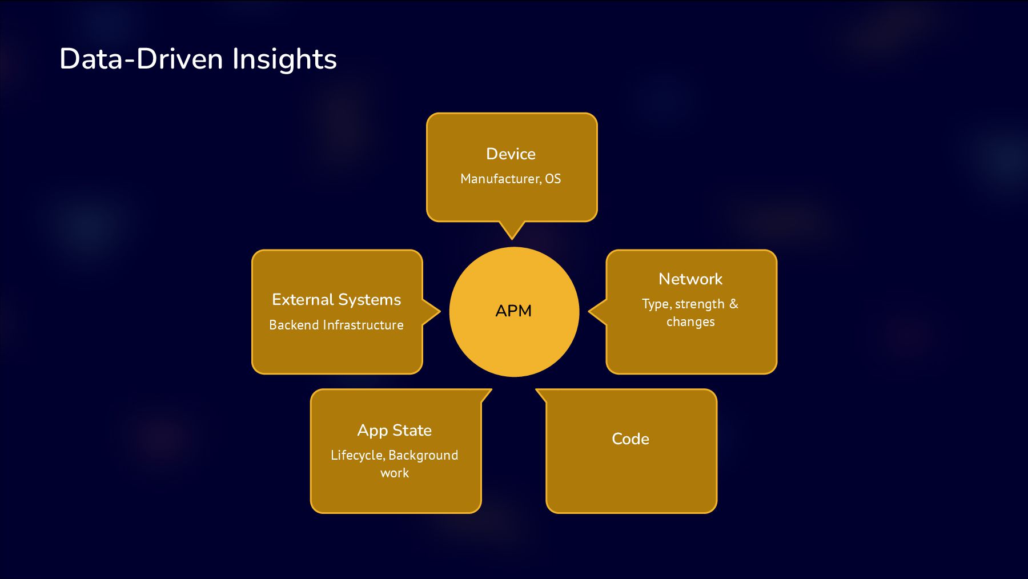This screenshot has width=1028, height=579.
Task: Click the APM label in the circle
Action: click(513, 311)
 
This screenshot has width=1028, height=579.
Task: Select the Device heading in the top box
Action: click(511, 154)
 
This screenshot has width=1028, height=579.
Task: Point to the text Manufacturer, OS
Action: click(511, 179)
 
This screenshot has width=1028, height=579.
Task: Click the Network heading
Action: click(690, 279)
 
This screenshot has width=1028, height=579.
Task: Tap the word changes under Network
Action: click(690, 321)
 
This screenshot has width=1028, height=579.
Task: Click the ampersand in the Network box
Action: click(734, 304)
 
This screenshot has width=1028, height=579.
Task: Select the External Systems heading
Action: click(336, 299)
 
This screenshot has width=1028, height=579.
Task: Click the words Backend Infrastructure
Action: click(336, 325)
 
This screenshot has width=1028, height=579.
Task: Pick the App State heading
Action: click(395, 430)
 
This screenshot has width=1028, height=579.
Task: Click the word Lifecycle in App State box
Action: click(356, 455)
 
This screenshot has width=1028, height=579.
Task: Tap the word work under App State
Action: click(395, 473)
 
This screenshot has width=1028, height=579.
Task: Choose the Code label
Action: click(631, 439)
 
